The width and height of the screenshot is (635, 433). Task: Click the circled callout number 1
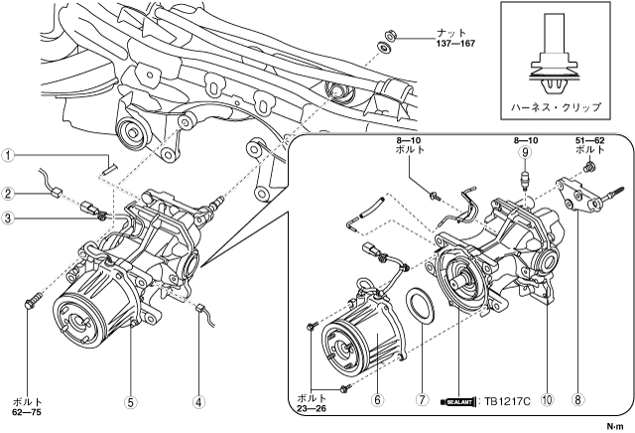coord(8,155)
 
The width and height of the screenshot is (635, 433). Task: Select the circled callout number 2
coord(8,194)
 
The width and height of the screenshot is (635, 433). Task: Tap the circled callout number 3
coord(8,218)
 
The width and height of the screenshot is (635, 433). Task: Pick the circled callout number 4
coord(198,402)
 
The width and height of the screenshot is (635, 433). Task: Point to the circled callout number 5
coord(130,402)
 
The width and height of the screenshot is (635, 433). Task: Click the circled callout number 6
coord(377,400)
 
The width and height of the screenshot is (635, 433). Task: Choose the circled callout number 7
coord(422,400)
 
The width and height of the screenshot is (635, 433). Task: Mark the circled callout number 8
coord(577,400)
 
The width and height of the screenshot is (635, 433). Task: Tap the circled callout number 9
coord(525,152)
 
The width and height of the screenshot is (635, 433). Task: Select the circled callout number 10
coord(547,400)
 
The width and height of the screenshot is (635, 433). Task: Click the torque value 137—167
coord(455,44)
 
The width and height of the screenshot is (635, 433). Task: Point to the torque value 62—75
coord(27,412)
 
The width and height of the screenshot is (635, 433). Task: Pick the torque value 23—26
coord(312,408)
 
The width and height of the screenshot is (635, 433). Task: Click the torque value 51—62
coord(589,141)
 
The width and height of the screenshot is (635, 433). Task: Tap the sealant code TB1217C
coord(507,402)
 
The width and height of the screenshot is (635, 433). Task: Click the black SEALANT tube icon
coord(457,402)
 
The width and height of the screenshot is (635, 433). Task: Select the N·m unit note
coord(615,426)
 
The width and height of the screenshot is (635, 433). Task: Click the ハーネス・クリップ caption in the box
coord(556,107)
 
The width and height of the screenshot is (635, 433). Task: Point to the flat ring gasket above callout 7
coord(421,306)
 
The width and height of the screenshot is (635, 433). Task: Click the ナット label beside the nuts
coord(450,33)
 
